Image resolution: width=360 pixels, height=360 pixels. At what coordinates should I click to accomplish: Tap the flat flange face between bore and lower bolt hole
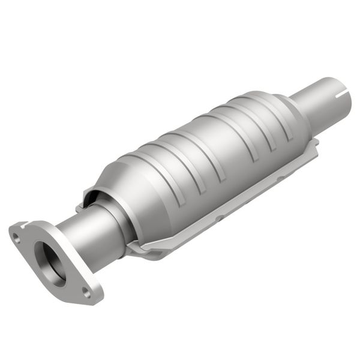[x=70, y=279]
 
